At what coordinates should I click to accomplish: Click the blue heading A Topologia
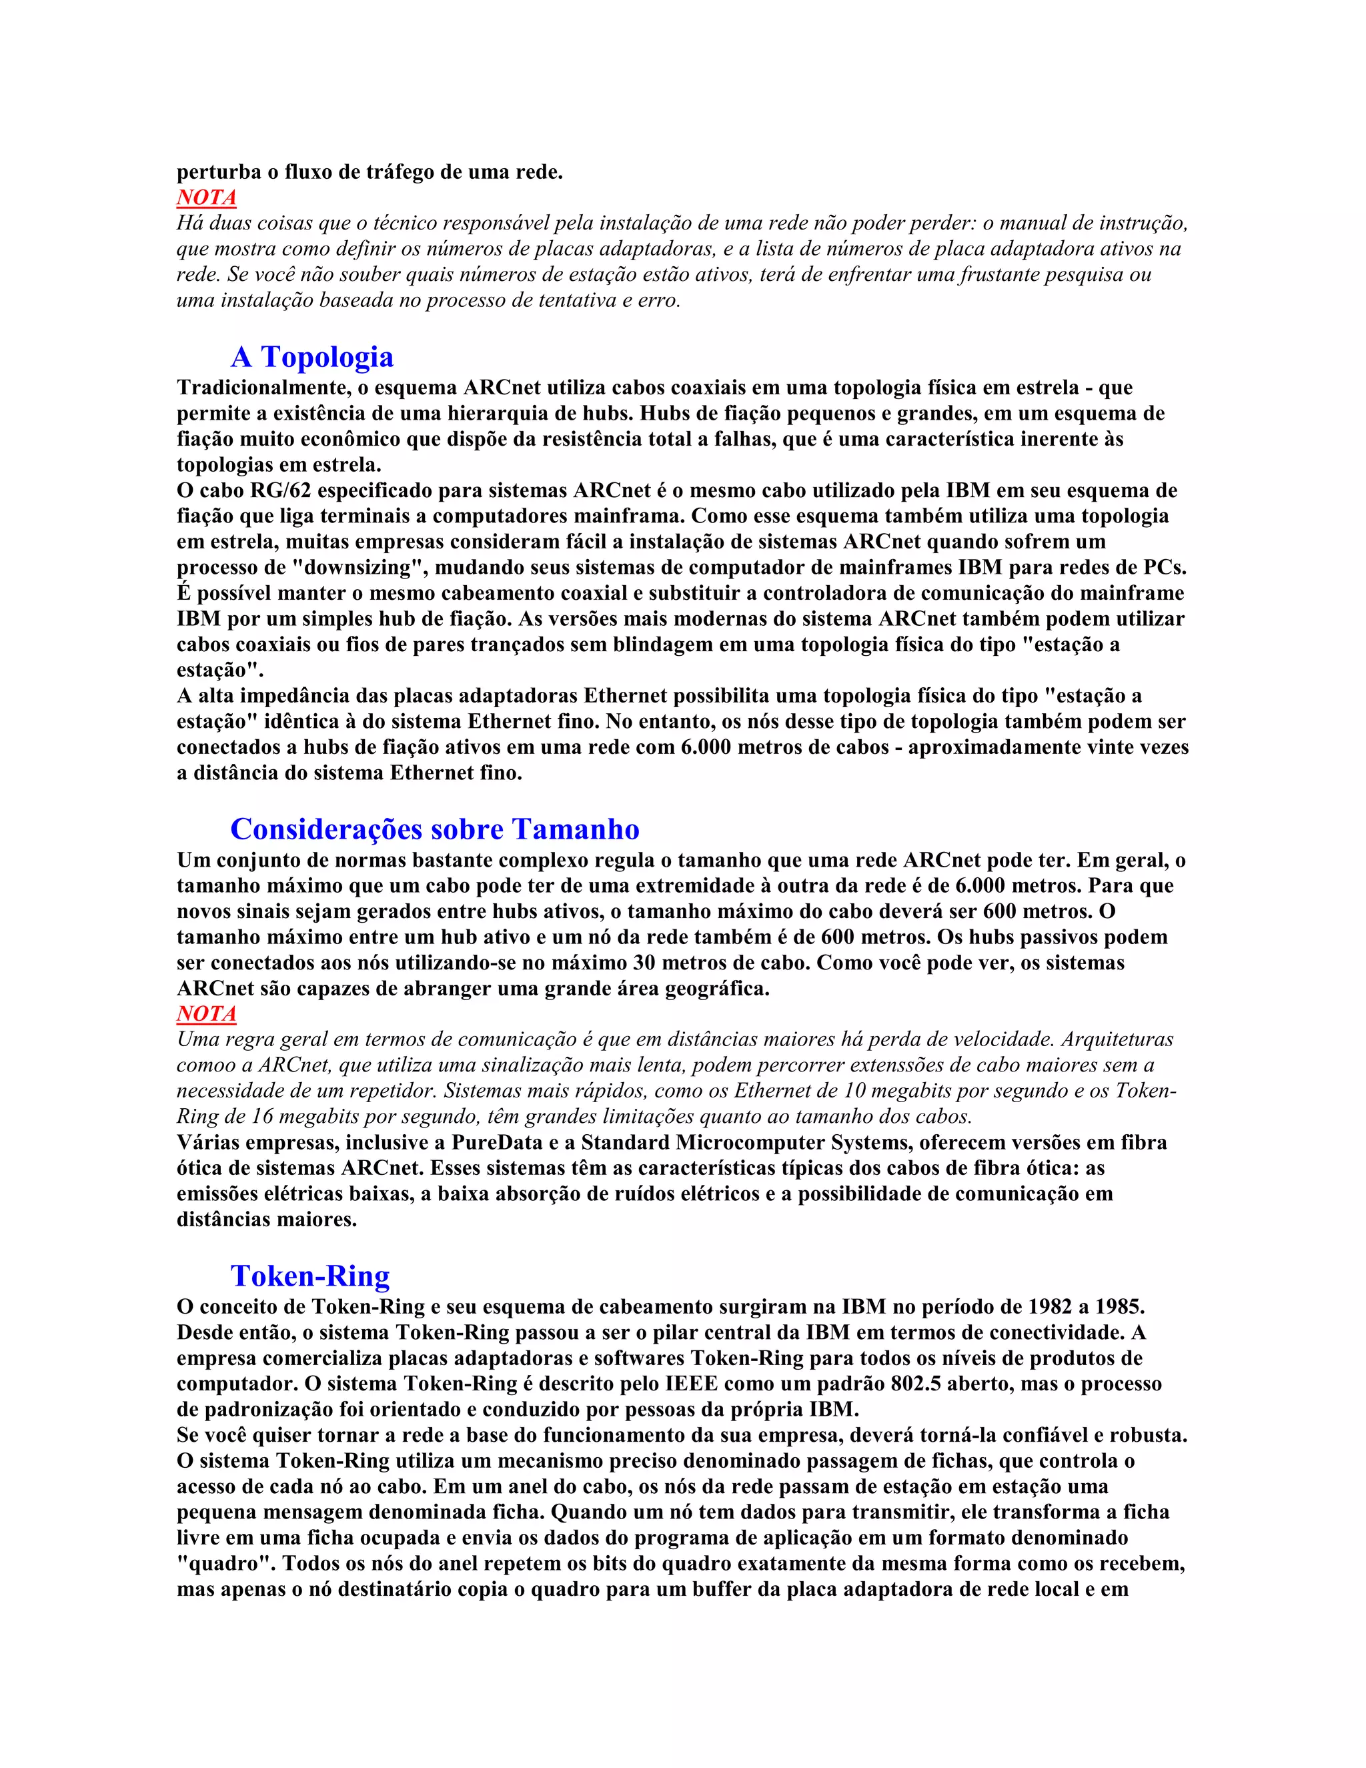pyautogui.click(x=311, y=357)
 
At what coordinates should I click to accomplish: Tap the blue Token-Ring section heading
pyautogui.click(x=310, y=1276)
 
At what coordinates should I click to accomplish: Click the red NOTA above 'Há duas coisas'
pyautogui.click(x=206, y=197)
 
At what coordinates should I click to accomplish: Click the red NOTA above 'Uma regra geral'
pyautogui.click(x=206, y=1013)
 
